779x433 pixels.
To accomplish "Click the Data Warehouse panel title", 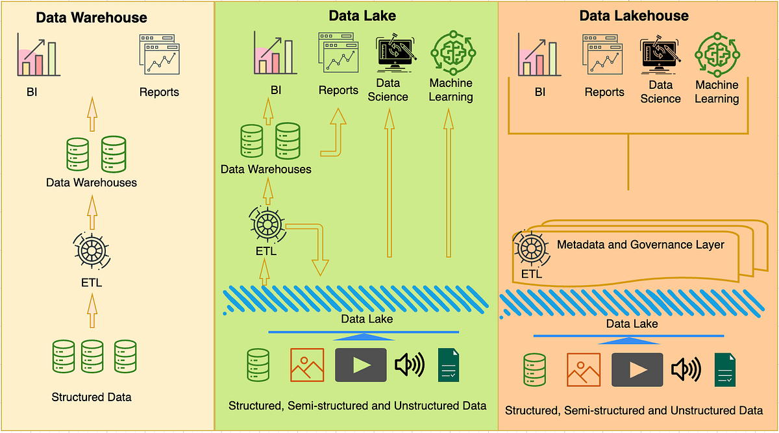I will (x=92, y=18).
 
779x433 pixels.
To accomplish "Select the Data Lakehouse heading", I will (x=634, y=16).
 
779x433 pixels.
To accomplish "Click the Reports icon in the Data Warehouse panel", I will (x=159, y=56).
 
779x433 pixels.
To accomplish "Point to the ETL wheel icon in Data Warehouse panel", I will (x=91, y=249).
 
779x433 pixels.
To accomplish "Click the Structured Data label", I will (x=92, y=397).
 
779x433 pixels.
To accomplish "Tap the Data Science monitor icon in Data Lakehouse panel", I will (x=660, y=56).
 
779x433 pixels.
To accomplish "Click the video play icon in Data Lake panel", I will (x=361, y=365).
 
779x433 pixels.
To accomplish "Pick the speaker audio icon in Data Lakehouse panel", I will (x=686, y=369).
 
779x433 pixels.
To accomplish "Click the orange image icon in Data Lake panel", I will (x=307, y=365).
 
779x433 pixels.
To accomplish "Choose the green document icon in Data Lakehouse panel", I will (x=724, y=369).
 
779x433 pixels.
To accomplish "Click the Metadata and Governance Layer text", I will (x=640, y=245).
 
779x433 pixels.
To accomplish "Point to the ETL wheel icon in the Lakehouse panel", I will (x=528, y=247).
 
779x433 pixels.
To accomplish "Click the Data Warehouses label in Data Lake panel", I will (x=266, y=169).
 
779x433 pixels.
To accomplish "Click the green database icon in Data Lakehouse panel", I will (x=534, y=369).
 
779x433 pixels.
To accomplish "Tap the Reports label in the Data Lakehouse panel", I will (x=604, y=92).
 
